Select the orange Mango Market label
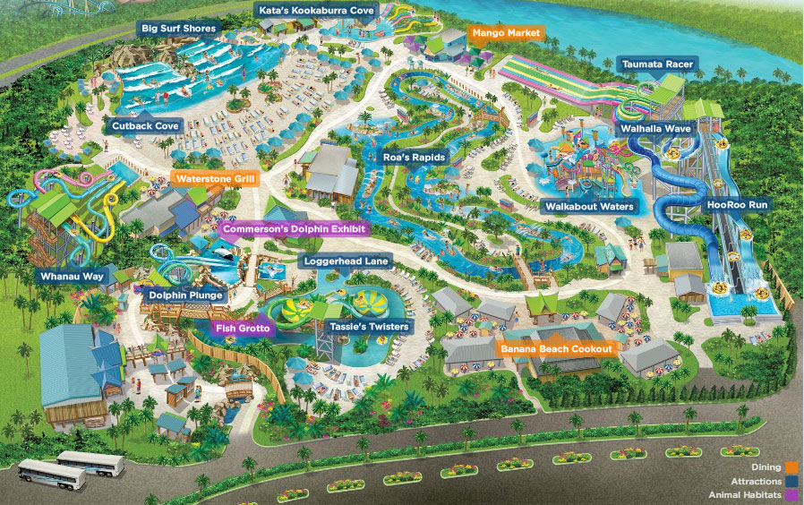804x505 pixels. pos(506,33)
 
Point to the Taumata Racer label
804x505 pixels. pos(657,64)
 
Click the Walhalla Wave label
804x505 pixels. pos(656,129)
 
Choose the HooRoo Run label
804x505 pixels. pos(738,205)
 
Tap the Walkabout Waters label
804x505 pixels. pos(590,207)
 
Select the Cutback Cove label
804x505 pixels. pos(146,126)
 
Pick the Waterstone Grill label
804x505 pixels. pos(216,179)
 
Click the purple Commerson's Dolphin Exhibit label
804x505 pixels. pos(295,229)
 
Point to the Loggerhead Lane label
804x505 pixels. pos(346,261)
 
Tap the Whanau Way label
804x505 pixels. pos(73,277)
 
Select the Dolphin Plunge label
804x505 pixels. pos(186,295)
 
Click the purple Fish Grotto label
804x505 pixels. pos(242,328)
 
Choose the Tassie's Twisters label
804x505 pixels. pos(369,327)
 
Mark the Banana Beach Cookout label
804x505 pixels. pos(556,347)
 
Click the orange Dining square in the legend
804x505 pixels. pos(791,466)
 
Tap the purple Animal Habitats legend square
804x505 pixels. pos(791,495)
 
